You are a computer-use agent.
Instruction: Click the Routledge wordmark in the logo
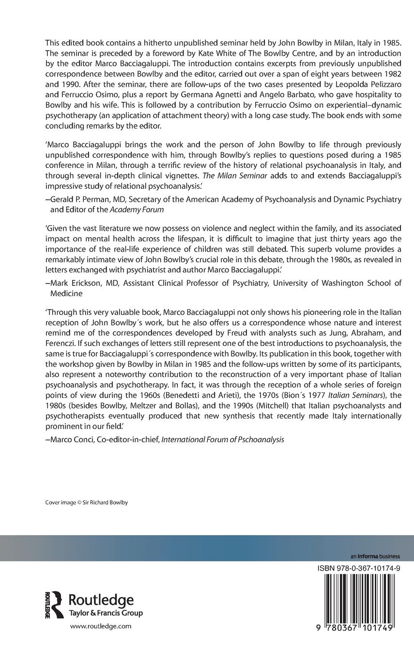pyautogui.click(x=101, y=600)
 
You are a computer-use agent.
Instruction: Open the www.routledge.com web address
pyautogui.click(x=101, y=626)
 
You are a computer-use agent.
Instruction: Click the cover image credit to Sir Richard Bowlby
pyautogui.click(x=87, y=503)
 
